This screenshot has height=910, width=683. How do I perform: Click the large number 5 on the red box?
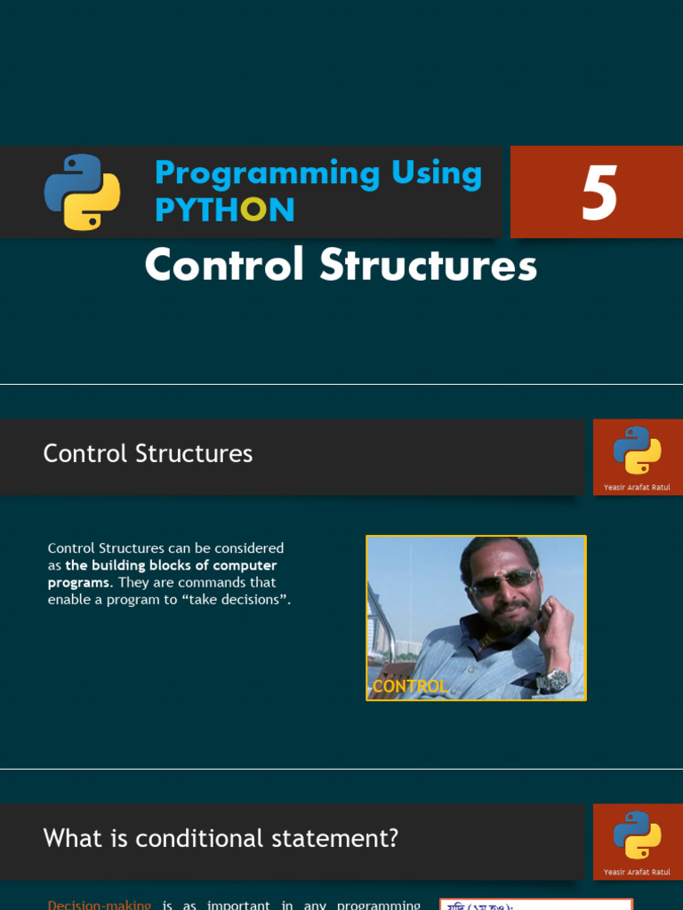point(599,194)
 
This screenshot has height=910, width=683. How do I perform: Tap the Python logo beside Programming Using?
point(82,193)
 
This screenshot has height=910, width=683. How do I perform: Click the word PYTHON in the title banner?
point(224,210)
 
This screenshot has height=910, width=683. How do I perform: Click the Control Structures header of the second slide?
point(148,454)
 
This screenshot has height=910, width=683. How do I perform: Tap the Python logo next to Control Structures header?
point(637,450)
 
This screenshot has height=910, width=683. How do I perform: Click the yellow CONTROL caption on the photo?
point(409,686)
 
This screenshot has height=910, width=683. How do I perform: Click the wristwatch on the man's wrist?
point(553,680)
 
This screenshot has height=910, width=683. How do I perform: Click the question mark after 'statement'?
point(392,838)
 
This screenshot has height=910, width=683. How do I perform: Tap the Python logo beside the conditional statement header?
point(637,834)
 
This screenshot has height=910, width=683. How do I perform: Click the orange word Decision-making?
point(100,905)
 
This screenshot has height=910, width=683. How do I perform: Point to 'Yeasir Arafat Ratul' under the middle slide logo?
point(637,487)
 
